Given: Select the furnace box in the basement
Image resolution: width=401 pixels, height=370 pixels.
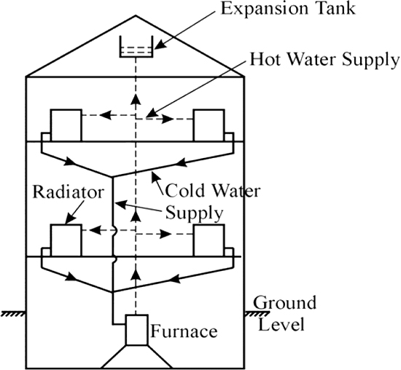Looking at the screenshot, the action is [136, 330].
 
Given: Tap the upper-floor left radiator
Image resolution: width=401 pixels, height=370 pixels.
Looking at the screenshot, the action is [66, 125].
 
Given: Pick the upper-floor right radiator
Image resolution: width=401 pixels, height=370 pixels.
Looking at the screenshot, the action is [209, 125].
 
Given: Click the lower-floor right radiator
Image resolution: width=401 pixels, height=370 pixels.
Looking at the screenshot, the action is [209, 240].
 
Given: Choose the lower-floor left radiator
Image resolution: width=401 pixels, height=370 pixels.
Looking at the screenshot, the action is [66, 240].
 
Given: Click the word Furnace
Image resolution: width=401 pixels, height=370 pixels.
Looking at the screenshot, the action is [184, 331].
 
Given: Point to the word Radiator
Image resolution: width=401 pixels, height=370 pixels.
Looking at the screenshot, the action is [69, 192].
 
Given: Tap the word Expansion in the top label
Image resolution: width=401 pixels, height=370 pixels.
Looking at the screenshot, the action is [264, 9].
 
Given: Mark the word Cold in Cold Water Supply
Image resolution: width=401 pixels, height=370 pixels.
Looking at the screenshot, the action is [185, 191].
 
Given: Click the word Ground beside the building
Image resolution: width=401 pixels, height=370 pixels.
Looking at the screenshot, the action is [284, 303].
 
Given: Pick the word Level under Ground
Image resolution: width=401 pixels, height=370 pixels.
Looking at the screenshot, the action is [281, 324].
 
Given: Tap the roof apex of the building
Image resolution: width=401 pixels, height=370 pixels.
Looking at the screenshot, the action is [136, 15].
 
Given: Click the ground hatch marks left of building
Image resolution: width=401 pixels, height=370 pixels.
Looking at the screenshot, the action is [13, 314].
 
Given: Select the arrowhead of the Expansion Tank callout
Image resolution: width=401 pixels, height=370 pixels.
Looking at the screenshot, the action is [159, 45].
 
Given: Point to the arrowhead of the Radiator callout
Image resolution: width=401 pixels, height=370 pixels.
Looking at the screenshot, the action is [69, 220].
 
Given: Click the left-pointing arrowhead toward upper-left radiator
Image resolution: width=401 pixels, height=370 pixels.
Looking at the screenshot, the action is [106, 115].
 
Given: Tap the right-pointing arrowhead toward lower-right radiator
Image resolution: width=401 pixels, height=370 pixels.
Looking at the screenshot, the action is [166, 234].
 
